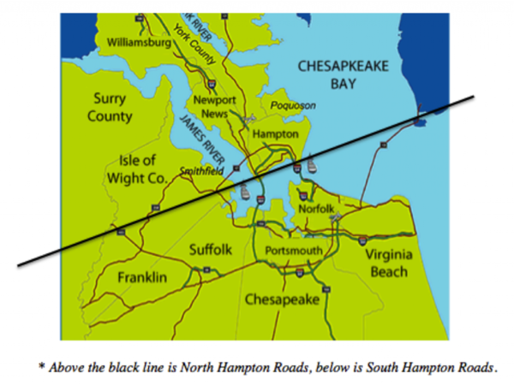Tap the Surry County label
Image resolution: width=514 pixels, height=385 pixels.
coord(111,107)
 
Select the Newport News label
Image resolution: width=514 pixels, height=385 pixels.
coord(214,107)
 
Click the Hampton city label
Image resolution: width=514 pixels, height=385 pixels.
coord(275,135)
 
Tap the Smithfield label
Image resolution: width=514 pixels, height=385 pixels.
coord(201,171)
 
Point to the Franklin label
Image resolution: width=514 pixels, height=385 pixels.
coord(143,277)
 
